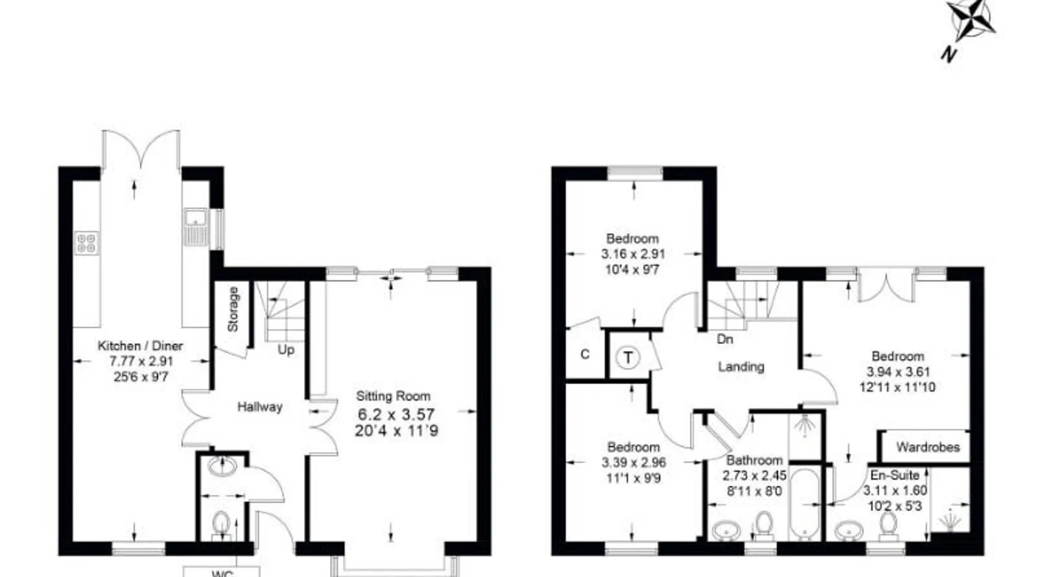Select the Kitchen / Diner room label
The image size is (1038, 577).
[140, 346]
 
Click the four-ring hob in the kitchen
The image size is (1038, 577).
[86, 242]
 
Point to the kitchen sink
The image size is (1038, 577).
[195, 226]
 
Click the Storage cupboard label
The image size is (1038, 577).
[233, 309]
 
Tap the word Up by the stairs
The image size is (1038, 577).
[286, 350]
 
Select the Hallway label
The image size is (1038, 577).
[260, 407]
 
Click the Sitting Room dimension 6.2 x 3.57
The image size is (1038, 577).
[396, 414]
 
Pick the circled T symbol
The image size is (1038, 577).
[628, 358]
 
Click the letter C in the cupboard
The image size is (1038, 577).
[585, 354]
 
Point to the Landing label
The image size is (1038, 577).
[741, 366]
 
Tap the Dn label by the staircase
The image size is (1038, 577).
[725, 339]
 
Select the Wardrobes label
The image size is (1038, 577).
[928, 447]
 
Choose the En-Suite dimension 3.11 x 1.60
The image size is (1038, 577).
[895, 491]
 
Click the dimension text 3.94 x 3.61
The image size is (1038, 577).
[898, 372]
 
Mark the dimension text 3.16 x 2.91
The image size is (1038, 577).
[633, 254]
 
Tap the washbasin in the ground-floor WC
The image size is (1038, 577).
[221, 466]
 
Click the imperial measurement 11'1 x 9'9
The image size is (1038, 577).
[633, 478]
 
